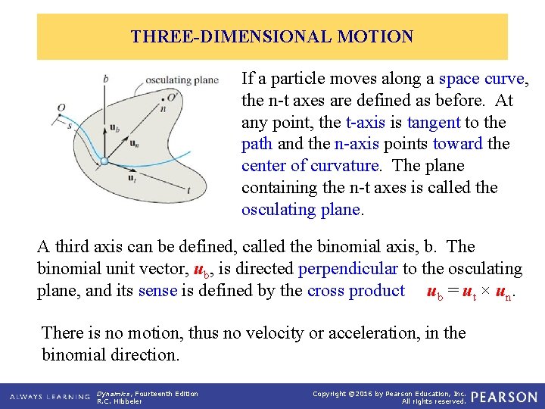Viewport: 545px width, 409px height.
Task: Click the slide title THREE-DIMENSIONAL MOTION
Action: pos(272,36)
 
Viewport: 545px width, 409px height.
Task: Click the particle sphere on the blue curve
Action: pos(104,161)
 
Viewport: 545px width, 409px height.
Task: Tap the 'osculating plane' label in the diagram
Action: pos(182,80)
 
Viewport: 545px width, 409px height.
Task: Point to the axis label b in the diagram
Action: pos(105,78)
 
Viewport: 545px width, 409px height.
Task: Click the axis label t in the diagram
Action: pos(188,191)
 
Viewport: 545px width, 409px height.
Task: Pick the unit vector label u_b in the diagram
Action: pos(115,127)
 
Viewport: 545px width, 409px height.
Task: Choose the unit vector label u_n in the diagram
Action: pos(133,142)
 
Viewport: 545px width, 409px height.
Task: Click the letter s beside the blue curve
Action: pos(68,125)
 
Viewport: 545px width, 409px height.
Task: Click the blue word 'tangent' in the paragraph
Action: pos(434,122)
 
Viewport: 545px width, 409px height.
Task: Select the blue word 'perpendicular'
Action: pos(348,269)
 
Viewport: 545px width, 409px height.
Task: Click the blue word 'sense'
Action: pos(157,291)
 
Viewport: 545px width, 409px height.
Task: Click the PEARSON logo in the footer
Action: pos(505,397)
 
